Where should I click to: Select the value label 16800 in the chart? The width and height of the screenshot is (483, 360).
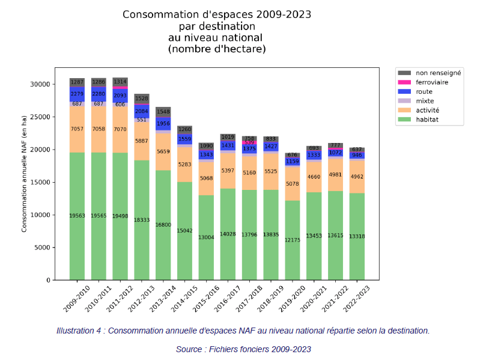click(163, 225)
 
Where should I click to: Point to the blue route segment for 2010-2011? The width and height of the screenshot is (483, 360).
click(99, 94)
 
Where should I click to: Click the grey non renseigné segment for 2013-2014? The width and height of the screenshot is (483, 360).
click(163, 112)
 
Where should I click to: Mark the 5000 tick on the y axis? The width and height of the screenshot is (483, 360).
click(42, 248)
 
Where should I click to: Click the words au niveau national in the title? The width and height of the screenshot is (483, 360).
click(217, 38)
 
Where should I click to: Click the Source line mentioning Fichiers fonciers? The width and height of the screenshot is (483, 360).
click(243, 349)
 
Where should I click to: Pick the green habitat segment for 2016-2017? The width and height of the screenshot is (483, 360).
click(228, 234)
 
